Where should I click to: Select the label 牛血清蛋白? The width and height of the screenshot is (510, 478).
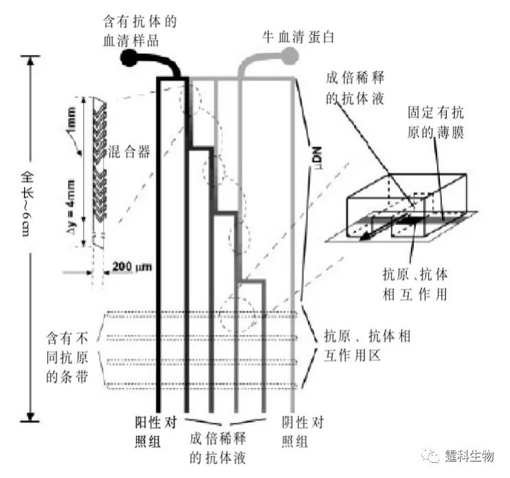pos(301,34)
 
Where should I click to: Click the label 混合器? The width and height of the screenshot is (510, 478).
pos(131,149)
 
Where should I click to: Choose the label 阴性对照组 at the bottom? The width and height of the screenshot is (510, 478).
pos(305,429)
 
